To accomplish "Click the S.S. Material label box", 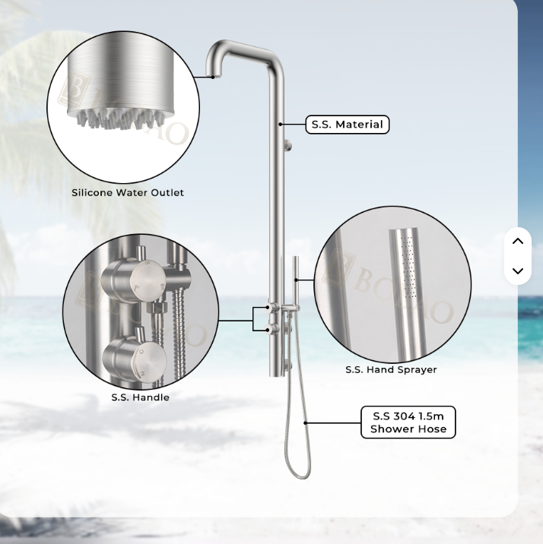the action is coord(348,125).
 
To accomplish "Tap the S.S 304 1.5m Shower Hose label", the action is coord(408,422).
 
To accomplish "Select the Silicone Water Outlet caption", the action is coord(128,192).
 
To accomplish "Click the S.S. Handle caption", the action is coord(140,397).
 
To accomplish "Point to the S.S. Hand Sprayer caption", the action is coord(391,369).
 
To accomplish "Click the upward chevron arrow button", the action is coord(518,241).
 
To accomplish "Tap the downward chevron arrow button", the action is coord(518,271).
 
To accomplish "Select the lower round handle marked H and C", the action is coord(135,361).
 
